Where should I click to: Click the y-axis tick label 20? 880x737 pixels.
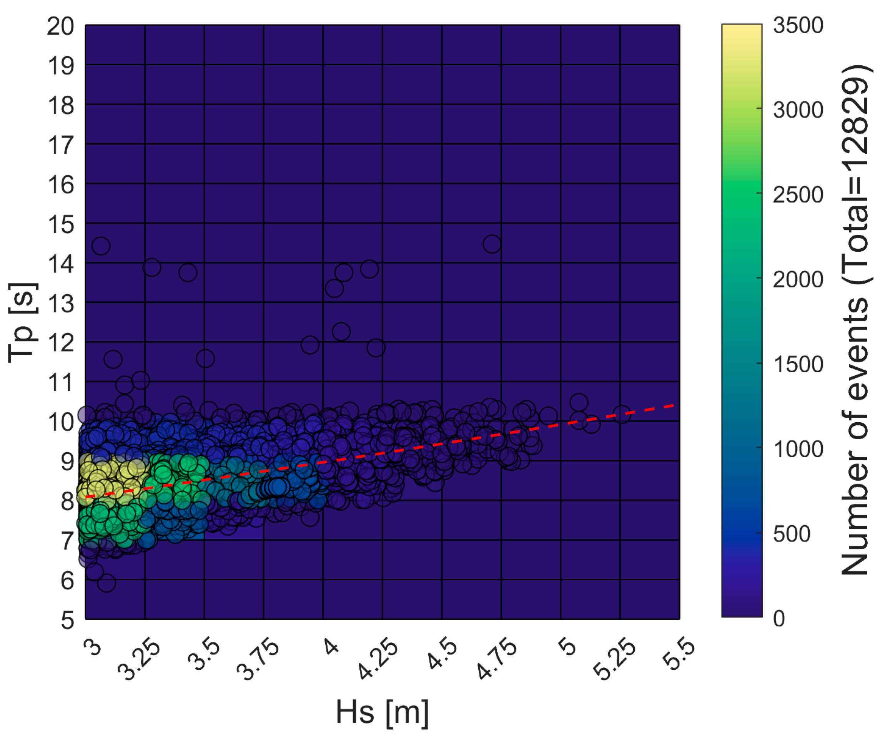tap(60, 27)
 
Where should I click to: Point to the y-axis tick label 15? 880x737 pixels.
tap(60, 224)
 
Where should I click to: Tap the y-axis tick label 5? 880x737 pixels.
tap(67, 620)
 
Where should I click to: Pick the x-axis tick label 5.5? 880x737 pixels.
tap(679, 653)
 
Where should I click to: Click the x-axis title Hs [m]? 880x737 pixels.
tap(382, 712)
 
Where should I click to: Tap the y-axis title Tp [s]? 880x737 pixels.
tap(23, 322)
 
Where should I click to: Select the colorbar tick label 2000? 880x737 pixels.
tap(797, 279)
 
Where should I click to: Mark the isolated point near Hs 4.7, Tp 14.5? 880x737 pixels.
tap(492, 244)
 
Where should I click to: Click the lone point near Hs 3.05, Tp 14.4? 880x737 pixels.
tap(101, 246)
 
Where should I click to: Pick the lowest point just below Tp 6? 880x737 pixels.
tap(106, 583)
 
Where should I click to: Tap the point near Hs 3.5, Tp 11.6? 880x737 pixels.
tap(205, 359)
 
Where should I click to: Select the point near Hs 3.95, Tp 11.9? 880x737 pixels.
tap(310, 345)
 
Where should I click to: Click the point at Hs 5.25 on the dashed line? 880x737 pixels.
tap(622, 414)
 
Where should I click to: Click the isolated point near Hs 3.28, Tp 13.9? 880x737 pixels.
tap(152, 267)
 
